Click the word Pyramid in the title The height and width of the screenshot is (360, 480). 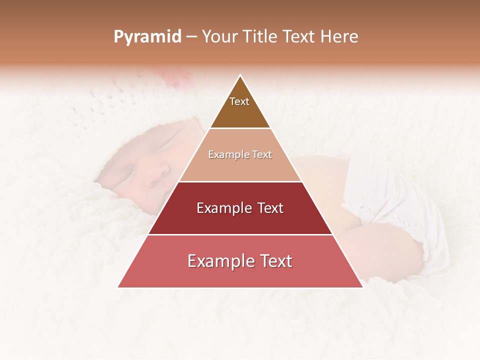pyautogui.click(x=147, y=37)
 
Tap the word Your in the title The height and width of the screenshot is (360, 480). pyautogui.click(x=219, y=37)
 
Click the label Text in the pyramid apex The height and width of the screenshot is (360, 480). pyautogui.click(x=239, y=101)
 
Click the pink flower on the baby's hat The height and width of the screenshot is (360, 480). pyautogui.click(x=177, y=77)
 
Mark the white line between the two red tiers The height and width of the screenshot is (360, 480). pyautogui.click(x=240, y=234)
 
